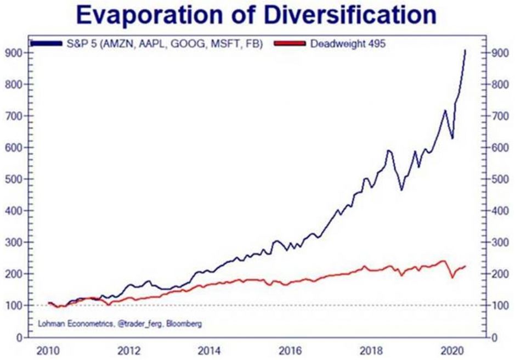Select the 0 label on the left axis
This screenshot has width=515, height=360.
tap(18, 337)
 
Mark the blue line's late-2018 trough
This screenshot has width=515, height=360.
tap(401, 190)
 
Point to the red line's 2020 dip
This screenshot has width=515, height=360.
tap(452, 277)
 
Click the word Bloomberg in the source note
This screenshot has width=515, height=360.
tap(185, 324)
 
